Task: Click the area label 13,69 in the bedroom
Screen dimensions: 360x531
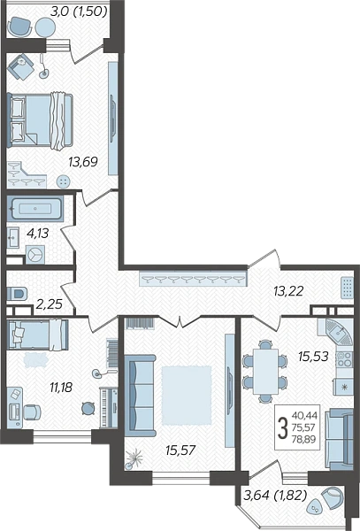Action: [83, 162]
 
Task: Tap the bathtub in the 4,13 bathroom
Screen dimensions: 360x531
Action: [35, 209]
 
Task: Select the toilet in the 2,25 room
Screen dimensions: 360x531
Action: [17, 293]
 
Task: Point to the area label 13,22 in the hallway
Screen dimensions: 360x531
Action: [288, 291]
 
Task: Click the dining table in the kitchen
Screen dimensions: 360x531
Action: [266, 371]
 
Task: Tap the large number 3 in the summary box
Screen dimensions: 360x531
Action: [282, 427]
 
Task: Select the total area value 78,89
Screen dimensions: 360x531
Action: [304, 440]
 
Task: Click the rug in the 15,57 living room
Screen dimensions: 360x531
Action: [187, 395]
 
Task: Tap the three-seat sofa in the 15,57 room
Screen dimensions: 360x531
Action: [140, 396]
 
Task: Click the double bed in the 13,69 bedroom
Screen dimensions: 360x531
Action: [40, 121]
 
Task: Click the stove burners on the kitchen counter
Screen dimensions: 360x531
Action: [344, 359]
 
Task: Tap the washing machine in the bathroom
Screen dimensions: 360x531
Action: [35, 255]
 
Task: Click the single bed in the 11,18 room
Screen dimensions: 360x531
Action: [38, 335]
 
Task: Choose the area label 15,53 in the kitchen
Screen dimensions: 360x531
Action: [313, 357]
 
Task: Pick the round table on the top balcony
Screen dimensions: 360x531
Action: [45, 27]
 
